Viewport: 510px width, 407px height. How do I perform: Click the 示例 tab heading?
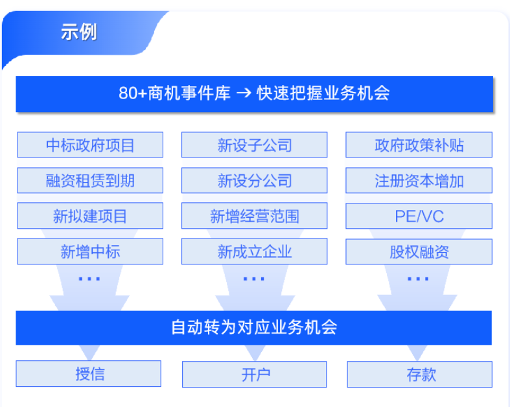click(x=78, y=32)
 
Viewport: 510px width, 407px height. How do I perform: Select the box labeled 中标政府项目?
click(x=90, y=145)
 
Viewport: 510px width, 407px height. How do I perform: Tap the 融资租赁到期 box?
click(x=90, y=181)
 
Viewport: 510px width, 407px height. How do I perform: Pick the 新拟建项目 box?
click(x=90, y=216)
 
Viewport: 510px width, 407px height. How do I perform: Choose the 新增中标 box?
click(x=90, y=251)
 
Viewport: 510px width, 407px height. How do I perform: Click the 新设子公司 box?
click(x=254, y=145)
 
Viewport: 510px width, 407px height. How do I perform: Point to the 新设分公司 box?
click(x=254, y=181)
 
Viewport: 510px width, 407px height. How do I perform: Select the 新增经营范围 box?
click(x=254, y=216)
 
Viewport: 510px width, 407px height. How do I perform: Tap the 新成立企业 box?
click(x=254, y=251)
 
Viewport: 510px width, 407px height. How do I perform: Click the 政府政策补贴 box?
click(x=419, y=145)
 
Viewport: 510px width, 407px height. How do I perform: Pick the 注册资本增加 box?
click(x=419, y=181)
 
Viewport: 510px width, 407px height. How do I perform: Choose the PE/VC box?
click(x=419, y=216)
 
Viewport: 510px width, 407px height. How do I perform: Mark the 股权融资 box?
click(x=419, y=251)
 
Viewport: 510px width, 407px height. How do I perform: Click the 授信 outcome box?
click(x=89, y=374)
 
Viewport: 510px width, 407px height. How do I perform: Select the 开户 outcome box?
click(x=254, y=375)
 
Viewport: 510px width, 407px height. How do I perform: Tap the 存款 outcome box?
click(x=419, y=375)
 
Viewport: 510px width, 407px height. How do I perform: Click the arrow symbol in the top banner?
click(x=244, y=93)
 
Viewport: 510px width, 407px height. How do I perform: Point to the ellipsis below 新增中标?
click(x=89, y=279)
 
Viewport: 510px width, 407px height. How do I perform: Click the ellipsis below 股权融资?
click(x=418, y=279)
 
